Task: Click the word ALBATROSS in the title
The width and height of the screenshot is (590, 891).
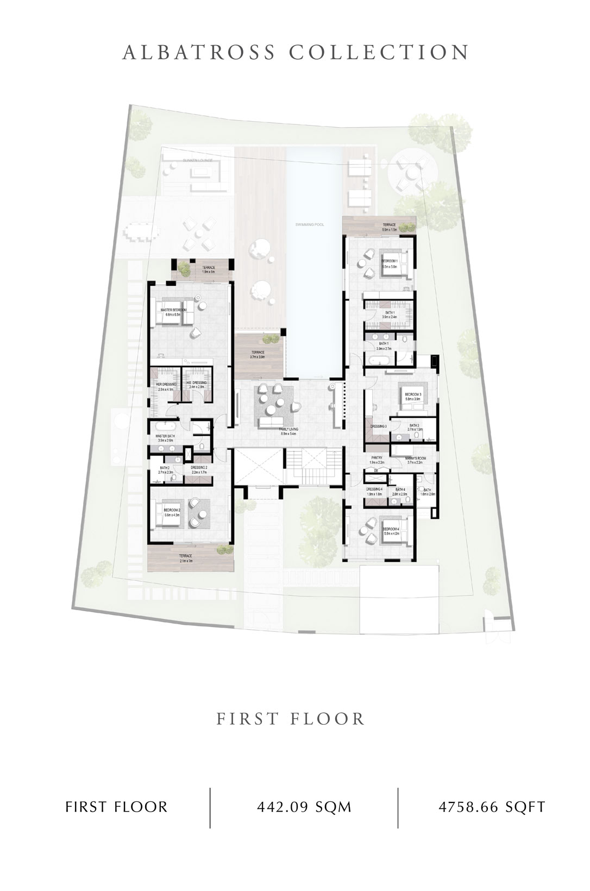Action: tap(199, 53)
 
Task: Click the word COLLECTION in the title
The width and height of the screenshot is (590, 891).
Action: tap(379, 53)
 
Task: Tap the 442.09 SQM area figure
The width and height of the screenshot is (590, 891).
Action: tap(304, 807)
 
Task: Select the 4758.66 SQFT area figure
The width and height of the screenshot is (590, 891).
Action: tap(492, 807)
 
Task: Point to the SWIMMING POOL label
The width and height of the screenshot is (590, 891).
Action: tap(309, 224)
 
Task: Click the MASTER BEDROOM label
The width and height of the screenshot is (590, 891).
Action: tap(173, 310)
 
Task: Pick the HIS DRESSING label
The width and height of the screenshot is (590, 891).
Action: tap(197, 383)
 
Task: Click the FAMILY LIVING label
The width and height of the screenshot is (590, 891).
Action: tap(288, 429)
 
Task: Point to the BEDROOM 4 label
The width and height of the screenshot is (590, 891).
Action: tap(391, 529)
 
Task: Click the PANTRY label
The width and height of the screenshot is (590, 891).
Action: tap(377, 458)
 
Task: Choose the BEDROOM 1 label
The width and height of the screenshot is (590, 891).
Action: tap(390, 261)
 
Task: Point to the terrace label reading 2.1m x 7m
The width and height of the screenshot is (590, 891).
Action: tap(186, 557)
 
